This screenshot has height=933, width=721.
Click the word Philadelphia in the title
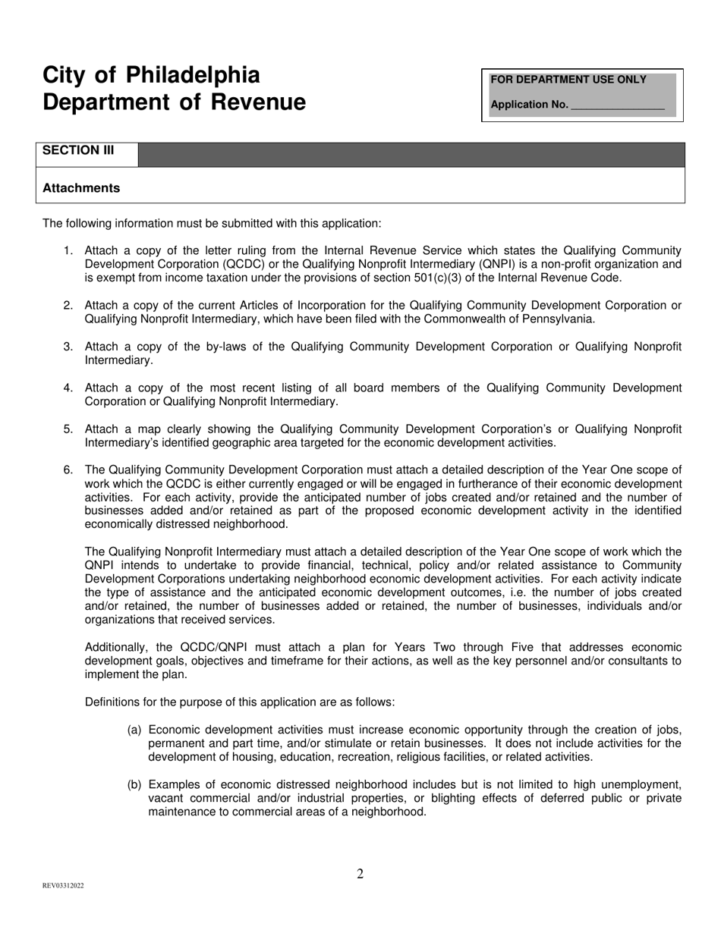(x=193, y=75)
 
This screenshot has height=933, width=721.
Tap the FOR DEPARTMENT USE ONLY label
(x=568, y=80)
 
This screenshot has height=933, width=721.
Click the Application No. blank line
(x=616, y=105)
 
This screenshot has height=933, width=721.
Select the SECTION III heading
(x=78, y=150)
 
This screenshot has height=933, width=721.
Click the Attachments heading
(x=81, y=188)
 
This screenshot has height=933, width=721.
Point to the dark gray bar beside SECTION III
(x=411, y=155)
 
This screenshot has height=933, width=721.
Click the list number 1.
(x=68, y=250)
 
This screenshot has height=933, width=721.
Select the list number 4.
(x=68, y=388)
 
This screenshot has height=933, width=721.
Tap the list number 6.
(x=68, y=470)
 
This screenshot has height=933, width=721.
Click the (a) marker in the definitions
(x=134, y=730)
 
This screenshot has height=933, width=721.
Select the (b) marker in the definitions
(x=134, y=784)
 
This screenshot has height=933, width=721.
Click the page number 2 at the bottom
(x=360, y=874)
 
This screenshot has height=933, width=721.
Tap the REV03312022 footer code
(x=63, y=885)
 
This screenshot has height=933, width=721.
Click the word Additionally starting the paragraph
(x=118, y=647)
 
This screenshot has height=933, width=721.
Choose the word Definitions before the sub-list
(x=115, y=702)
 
